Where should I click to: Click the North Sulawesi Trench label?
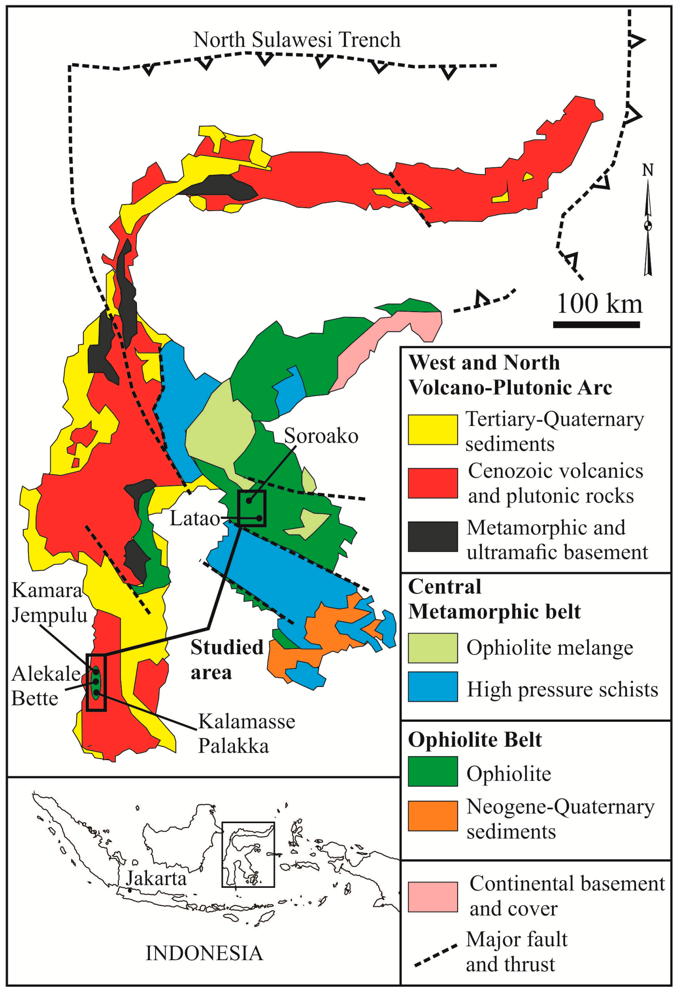(x=297, y=40)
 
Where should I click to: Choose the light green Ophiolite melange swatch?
(x=433, y=648)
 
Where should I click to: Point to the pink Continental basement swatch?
(x=433, y=896)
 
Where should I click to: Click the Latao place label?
(x=195, y=518)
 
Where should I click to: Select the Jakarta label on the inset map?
(x=156, y=879)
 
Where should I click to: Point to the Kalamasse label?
(x=246, y=721)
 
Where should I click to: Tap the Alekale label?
(x=45, y=674)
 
